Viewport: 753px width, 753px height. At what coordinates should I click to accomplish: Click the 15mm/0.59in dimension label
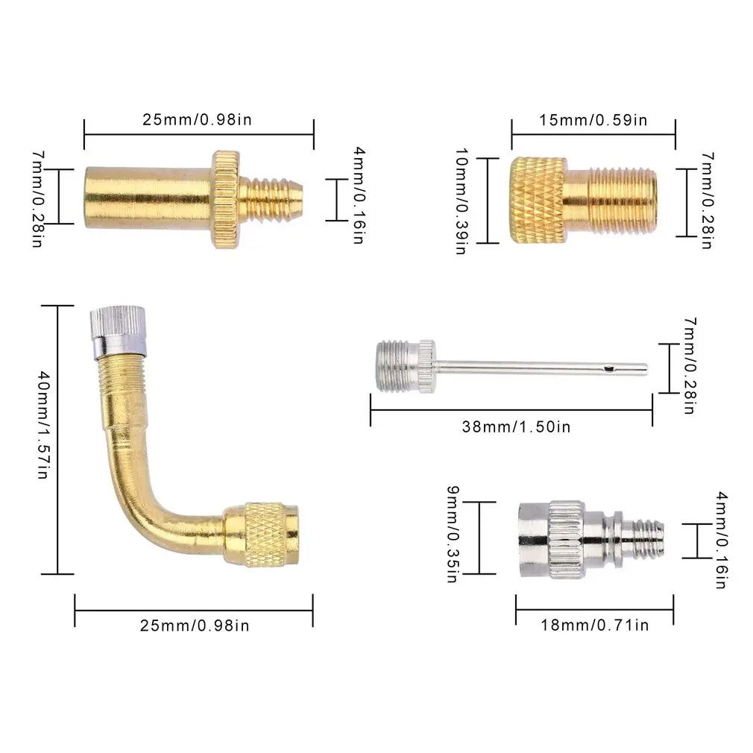[x=593, y=120]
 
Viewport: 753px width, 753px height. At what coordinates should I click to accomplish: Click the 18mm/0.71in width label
[x=594, y=625]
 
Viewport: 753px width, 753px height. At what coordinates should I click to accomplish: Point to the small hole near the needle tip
[x=609, y=367]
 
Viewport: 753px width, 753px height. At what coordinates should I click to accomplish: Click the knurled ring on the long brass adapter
[x=224, y=199]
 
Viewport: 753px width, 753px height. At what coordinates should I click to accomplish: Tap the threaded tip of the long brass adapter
[x=274, y=199]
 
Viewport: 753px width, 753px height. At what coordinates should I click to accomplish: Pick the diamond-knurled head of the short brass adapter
[x=537, y=200]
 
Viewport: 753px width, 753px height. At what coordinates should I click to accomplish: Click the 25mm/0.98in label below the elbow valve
[x=195, y=625]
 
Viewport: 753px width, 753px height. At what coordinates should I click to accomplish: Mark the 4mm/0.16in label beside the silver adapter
[x=722, y=539]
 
